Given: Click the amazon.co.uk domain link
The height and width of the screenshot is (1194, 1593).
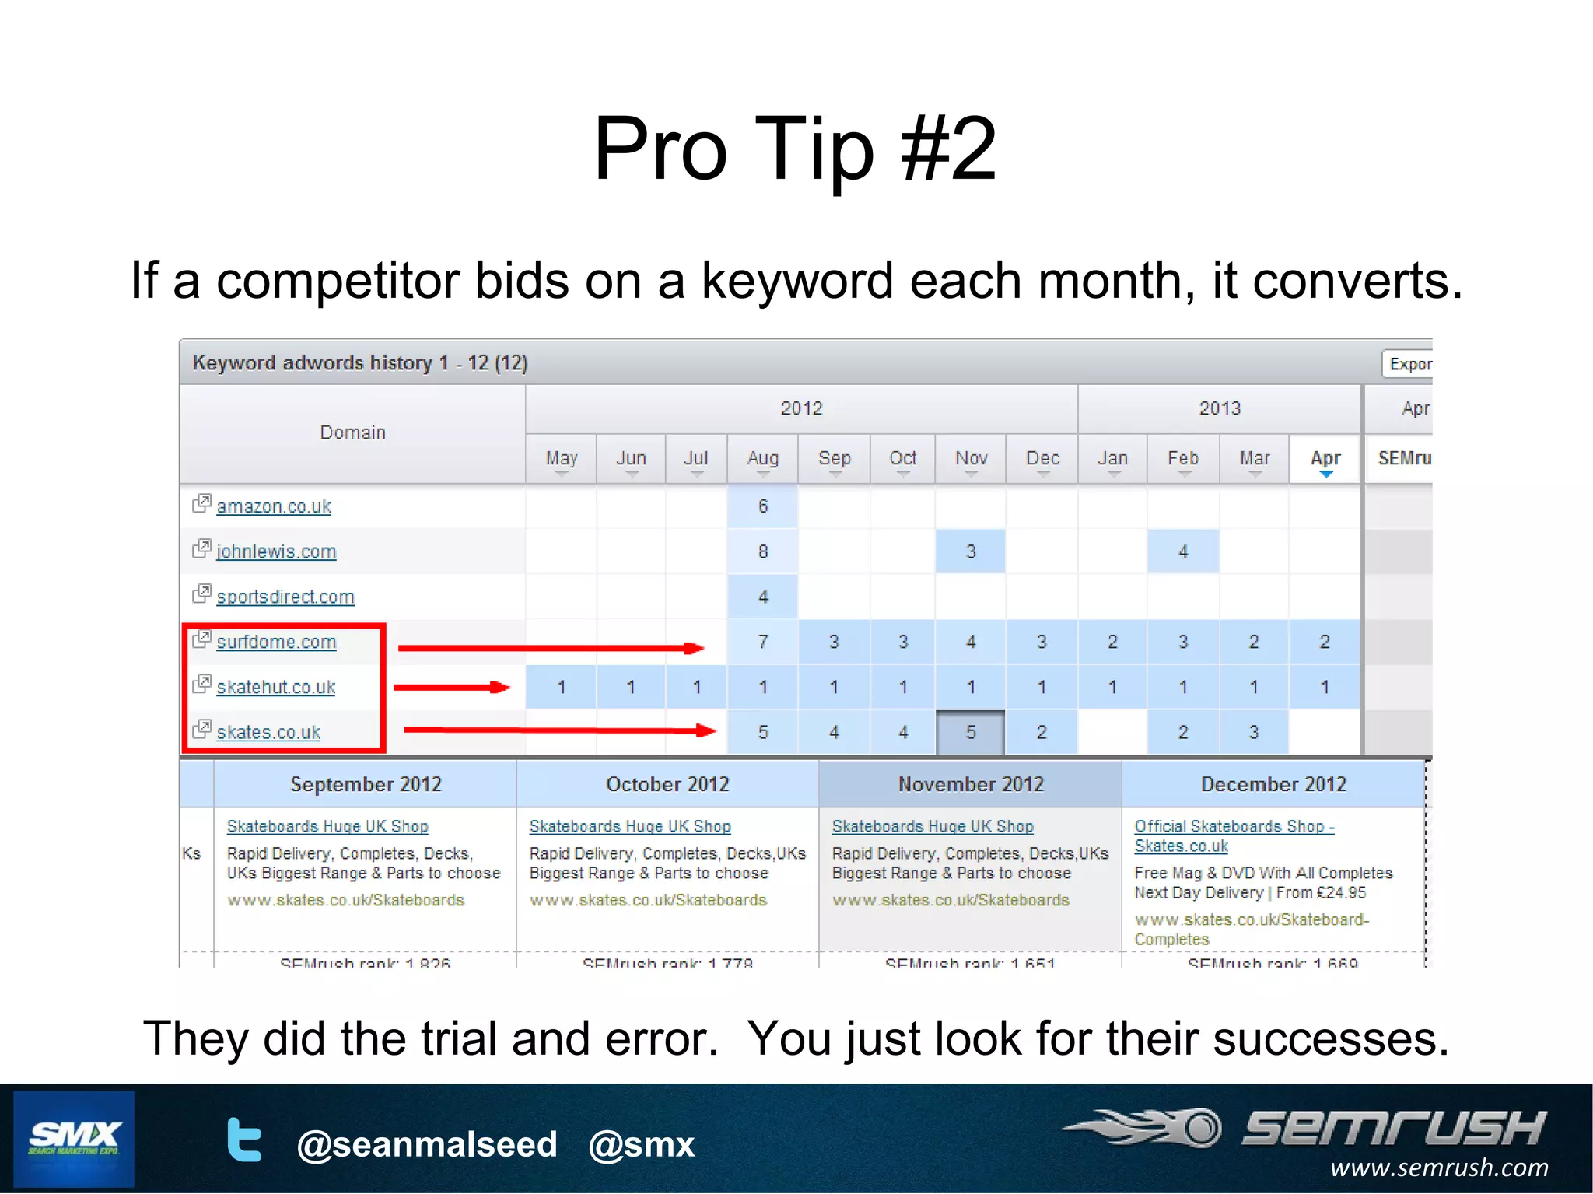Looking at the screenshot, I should pos(274,506).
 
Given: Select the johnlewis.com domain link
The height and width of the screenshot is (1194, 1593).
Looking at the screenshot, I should pos(276,551).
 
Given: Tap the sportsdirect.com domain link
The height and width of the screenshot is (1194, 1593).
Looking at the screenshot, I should pos(285,597).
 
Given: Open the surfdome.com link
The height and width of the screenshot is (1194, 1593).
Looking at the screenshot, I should pos(276,642).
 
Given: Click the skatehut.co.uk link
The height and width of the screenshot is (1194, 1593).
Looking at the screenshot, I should pos(275,687).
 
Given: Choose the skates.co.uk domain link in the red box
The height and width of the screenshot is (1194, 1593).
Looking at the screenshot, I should pos(268,732).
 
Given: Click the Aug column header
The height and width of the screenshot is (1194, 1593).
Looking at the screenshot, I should pos(762,459).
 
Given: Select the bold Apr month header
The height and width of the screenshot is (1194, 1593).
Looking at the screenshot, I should pos(1325,459).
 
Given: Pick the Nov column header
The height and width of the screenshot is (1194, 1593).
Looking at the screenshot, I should pos(971,459).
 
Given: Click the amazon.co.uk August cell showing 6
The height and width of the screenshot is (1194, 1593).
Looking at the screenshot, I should pos(762,506).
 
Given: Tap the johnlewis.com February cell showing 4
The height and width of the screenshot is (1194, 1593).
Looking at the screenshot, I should pos(1182,551).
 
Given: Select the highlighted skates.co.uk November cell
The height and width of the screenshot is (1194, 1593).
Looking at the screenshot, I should pos(970,732).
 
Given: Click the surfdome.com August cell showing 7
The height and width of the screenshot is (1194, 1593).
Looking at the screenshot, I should pos(762,642).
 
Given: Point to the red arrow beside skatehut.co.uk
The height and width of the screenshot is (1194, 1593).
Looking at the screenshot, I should pos(451,687).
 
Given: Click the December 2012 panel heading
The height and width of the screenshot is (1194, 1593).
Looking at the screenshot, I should pos(1273,784).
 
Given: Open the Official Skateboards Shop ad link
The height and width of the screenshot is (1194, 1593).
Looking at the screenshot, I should pos(1233,827).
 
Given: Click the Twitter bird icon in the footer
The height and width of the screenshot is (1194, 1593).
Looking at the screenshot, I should pos(244,1141).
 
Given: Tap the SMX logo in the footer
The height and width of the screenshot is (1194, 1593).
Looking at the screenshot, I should pos(74,1139).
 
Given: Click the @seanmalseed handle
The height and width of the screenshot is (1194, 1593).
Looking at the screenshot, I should pos(427,1144).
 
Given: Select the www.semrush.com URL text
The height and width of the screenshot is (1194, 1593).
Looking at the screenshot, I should pos(1438,1168).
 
